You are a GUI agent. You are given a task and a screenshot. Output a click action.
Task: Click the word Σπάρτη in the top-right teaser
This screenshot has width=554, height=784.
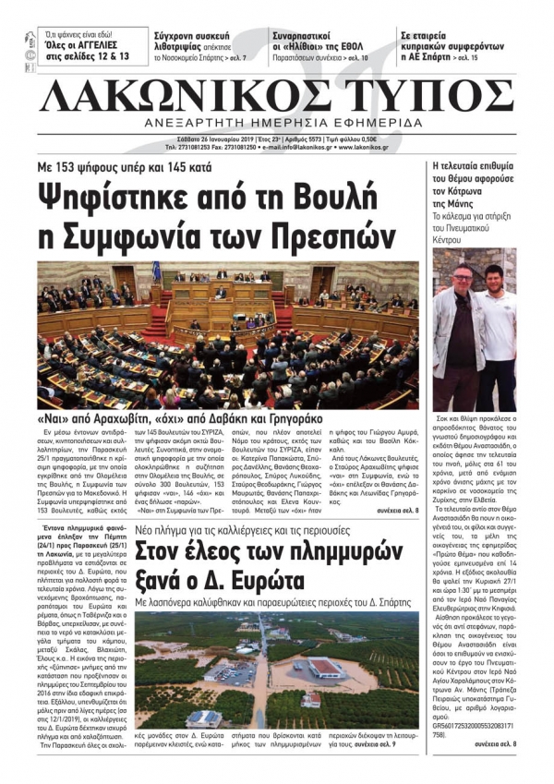438,54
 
